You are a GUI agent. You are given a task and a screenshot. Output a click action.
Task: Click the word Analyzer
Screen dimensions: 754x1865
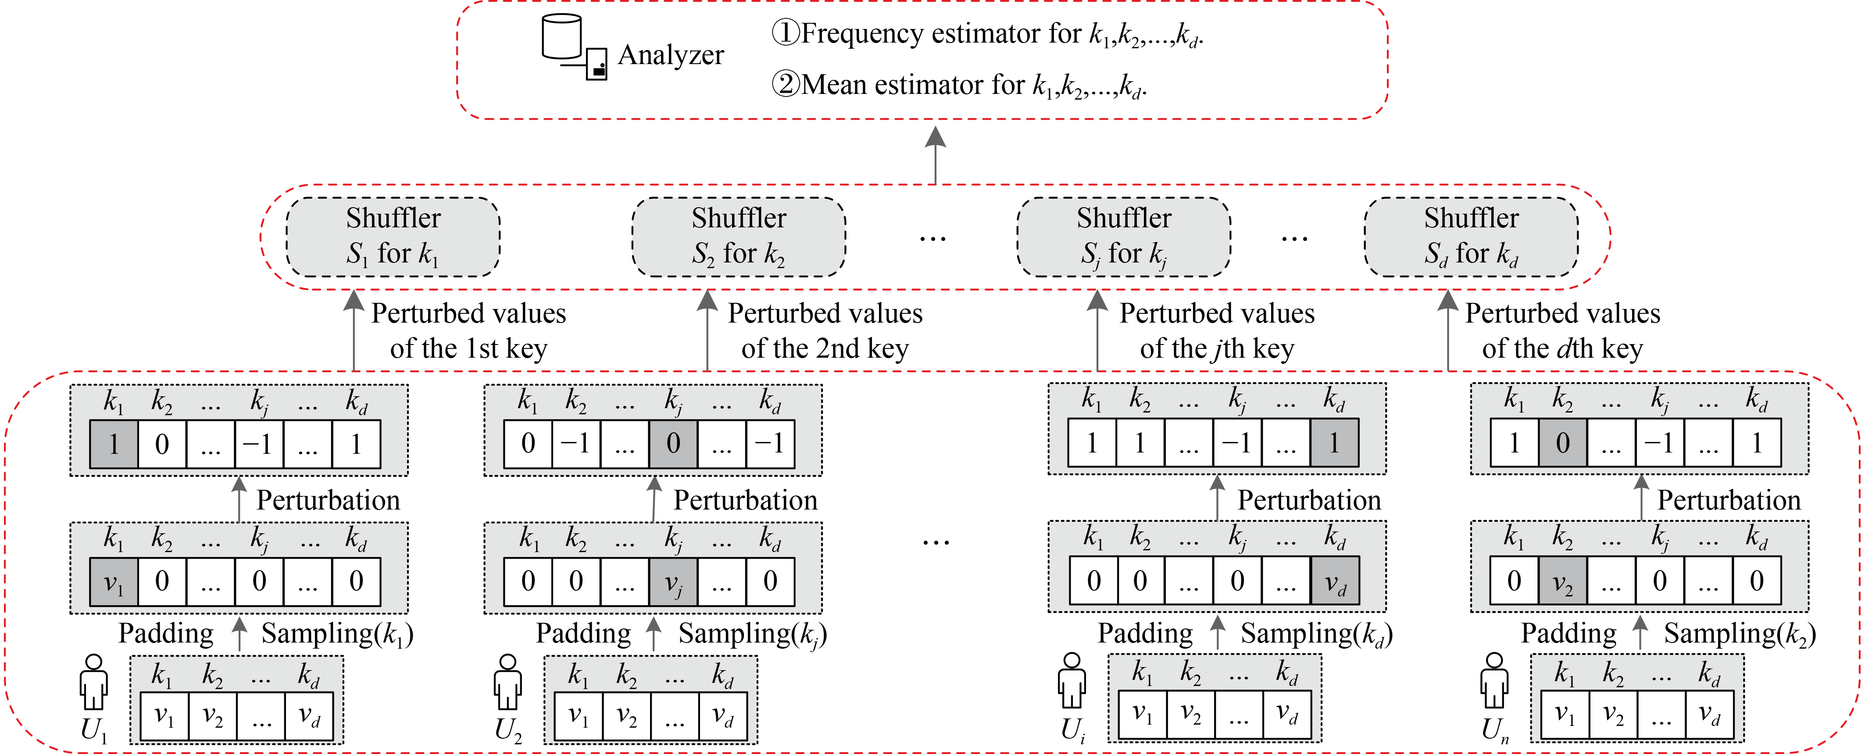pyautogui.click(x=670, y=55)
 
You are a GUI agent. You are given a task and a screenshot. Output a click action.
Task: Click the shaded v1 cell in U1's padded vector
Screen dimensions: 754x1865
pyautogui.click(x=114, y=582)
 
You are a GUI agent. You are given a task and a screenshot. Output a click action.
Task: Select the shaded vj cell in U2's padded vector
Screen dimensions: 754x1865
pyautogui.click(x=673, y=582)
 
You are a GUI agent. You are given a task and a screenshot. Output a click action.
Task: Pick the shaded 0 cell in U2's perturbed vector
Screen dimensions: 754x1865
pyautogui.click(x=673, y=443)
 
